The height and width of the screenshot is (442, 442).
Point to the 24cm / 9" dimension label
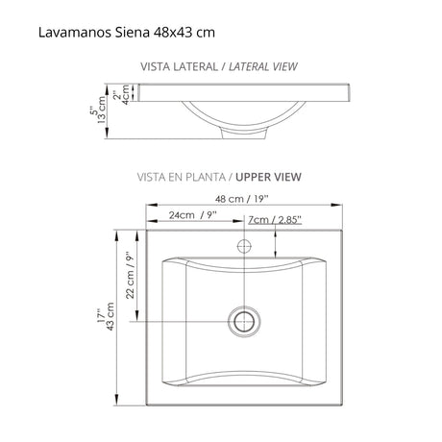tap(192, 216)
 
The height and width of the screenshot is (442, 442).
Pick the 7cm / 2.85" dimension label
tap(275, 219)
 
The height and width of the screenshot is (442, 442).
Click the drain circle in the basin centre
tap(244, 317)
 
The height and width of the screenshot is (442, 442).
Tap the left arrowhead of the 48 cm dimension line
tap(150, 206)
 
